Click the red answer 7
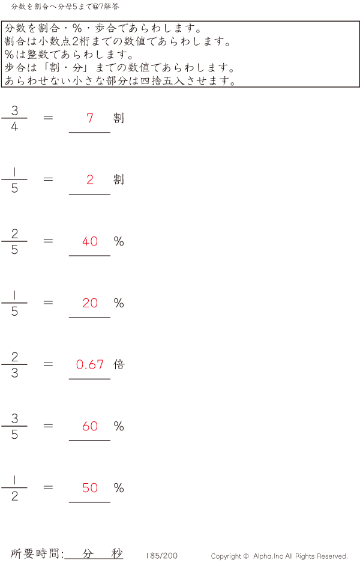(x=90, y=118)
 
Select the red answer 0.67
(x=90, y=364)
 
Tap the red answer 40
(x=90, y=241)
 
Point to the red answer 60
(x=90, y=426)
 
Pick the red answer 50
(x=90, y=487)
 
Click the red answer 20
(x=90, y=303)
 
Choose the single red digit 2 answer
(x=90, y=179)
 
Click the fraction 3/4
(x=14, y=118)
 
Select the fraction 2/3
(x=14, y=364)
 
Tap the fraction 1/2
(x=14, y=487)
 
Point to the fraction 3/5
(x=14, y=426)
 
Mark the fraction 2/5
(x=14, y=241)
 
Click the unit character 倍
(x=119, y=364)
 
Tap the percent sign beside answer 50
(x=119, y=488)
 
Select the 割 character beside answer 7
(x=119, y=118)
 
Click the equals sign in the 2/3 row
(x=48, y=364)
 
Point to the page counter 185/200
(x=161, y=556)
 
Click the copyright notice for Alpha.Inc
(x=279, y=556)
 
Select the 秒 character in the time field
(x=117, y=553)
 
